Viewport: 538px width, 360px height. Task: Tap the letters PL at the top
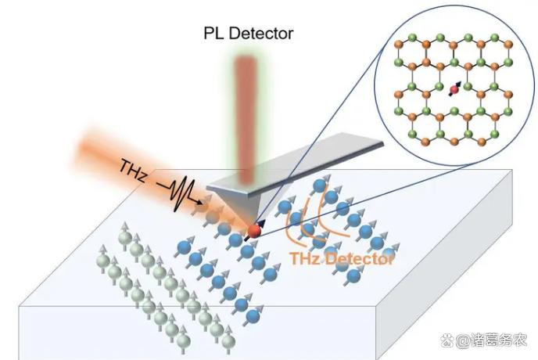click(212, 34)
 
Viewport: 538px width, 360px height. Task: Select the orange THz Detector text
click(340, 258)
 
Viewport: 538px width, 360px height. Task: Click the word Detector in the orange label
click(359, 258)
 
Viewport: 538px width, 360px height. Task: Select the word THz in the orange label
click(304, 258)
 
